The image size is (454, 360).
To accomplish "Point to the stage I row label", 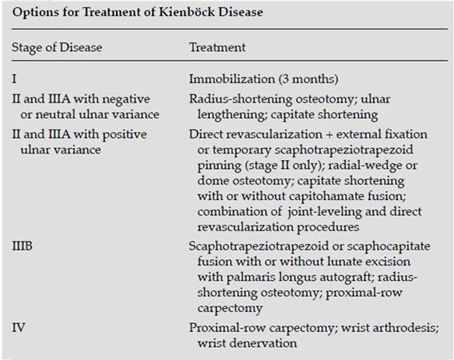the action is click(14, 78).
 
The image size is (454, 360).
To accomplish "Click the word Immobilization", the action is click(226, 78).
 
